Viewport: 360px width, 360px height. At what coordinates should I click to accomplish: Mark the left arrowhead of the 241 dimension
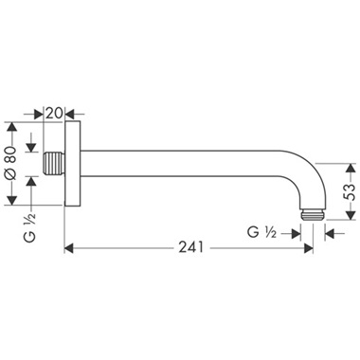[69, 250]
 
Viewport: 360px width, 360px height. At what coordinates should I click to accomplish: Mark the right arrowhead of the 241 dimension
[311, 250]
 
